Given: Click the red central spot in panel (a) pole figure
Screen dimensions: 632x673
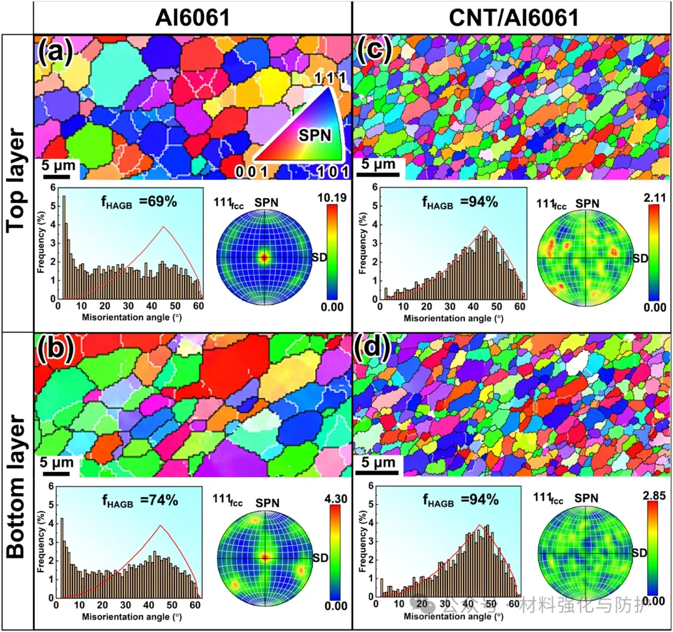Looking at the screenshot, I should coord(264,257).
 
